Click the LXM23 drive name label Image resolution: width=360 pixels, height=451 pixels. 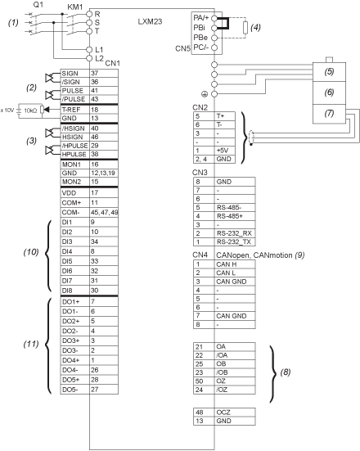pos(150,21)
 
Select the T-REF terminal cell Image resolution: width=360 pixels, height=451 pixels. pos(74,110)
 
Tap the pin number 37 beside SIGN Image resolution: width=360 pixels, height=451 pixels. pos(95,74)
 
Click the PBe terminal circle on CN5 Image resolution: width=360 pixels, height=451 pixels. pos(214,38)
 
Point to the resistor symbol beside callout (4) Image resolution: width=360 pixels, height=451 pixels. pos(245,28)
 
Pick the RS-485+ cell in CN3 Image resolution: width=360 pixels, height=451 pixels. pos(235,216)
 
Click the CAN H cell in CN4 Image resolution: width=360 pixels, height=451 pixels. pos(235,264)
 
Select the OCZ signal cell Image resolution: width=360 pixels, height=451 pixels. pos(235,413)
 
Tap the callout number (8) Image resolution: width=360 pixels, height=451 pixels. pos(286,372)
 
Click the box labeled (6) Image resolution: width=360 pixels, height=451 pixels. pos(329,92)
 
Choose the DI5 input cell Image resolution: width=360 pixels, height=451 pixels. pos(74,261)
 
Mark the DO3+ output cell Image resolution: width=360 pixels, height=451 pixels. pos(74,341)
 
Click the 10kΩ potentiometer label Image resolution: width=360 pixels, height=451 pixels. pos(30,110)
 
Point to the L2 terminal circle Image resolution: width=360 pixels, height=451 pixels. pos(89,58)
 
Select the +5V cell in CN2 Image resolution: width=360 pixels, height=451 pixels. pos(225,151)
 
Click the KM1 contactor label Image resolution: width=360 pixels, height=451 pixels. pos(75,7)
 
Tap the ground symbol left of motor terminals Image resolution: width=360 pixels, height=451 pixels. pos(205,94)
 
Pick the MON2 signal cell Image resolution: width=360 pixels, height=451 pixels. pos(74,182)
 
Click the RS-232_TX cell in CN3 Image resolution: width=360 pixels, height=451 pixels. pos(235,242)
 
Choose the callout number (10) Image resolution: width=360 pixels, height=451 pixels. pos(31,252)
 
